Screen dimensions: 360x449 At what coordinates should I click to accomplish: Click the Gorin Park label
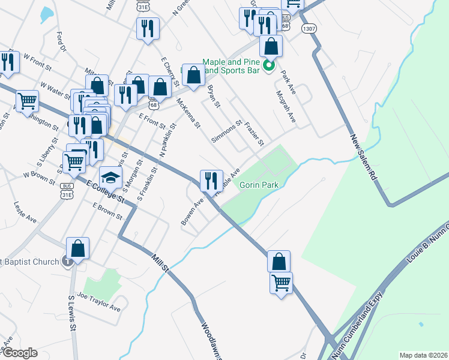259,185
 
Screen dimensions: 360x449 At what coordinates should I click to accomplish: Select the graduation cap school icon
110,177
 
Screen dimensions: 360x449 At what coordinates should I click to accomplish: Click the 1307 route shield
309,28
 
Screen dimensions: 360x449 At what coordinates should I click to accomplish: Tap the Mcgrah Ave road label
286,106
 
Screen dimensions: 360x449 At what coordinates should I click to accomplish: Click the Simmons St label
226,131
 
